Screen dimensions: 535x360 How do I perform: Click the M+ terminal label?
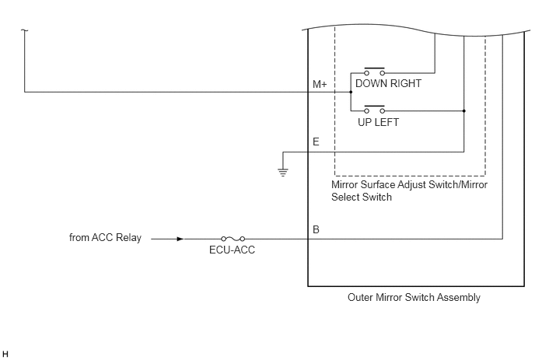320,84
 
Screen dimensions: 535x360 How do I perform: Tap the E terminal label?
316,142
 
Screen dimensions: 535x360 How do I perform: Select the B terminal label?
316,229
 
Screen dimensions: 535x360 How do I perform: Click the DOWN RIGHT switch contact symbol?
374,72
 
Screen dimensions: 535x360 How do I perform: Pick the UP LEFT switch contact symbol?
374,109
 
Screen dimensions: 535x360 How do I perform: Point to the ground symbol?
283,173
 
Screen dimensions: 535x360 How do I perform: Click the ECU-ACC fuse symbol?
233,239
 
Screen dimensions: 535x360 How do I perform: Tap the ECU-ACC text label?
232,250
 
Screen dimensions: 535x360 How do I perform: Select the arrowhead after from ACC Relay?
180,239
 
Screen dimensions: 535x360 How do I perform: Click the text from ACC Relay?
105,237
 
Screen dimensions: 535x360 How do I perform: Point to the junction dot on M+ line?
351,92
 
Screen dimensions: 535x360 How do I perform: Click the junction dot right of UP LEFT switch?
464,111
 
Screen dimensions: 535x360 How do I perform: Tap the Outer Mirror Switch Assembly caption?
414,297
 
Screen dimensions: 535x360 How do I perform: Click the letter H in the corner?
5,354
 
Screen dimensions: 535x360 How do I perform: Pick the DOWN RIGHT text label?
388,84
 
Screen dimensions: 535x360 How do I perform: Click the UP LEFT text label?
379,122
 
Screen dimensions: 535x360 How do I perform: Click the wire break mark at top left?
24,30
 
